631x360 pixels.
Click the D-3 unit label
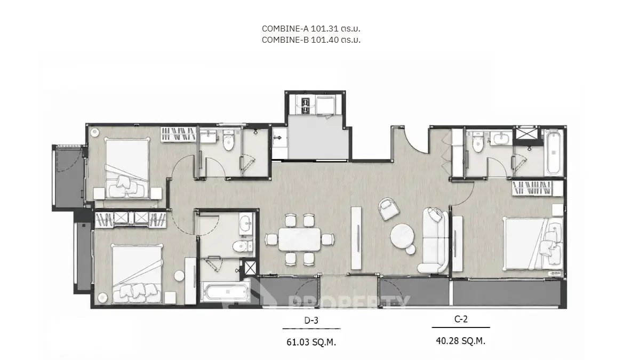[311, 320]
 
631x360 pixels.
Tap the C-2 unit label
[461, 319]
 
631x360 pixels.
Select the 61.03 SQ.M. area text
[311, 342]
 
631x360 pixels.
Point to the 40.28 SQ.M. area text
[460, 341]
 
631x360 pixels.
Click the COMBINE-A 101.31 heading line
[311, 29]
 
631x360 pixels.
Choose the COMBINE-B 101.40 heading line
[311, 40]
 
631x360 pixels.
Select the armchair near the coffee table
[389, 209]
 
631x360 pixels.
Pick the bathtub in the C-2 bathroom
[554, 151]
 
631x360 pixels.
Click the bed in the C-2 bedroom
[533, 244]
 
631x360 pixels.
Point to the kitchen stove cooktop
[305, 104]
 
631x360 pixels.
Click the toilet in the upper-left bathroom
[228, 141]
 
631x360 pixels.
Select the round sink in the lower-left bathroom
[245, 223]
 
